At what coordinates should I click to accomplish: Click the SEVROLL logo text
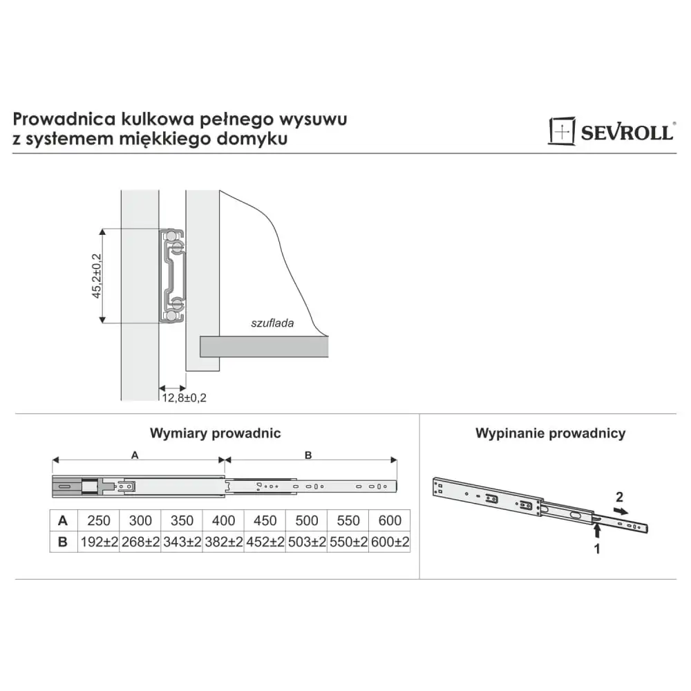pyautogui.click(x=627, y=132)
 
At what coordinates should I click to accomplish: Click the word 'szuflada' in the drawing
pyautogui.click(x=272, y=323)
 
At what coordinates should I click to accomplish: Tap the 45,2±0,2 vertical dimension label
pyautogui.click(x=97, y=276)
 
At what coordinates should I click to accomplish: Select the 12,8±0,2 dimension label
pyautogui.click(x=184, y=397)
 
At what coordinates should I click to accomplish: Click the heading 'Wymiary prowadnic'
pyautogui.click(x=215, y=433)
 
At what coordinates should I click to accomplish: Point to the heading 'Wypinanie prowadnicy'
pyautogui.click(x=551, y=433)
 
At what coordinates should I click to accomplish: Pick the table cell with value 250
pyautogui.click(x=99, y=520)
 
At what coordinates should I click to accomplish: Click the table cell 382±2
pyautogui.click(x=223, y=542)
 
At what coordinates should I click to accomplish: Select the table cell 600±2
pyautogui.click(x=390, y=542)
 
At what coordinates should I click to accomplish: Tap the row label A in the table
pyautogui.click(x=63, y=520)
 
